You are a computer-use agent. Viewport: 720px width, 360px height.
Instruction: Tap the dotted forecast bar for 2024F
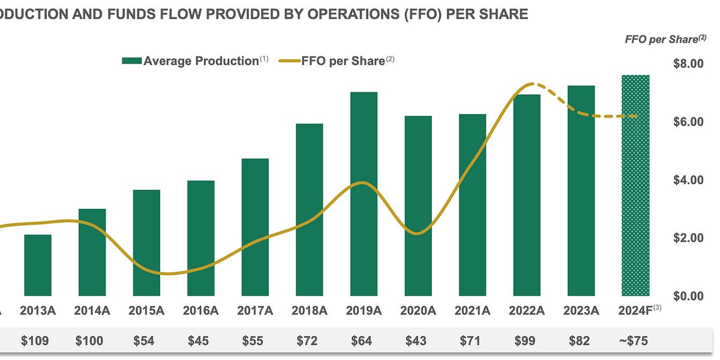point(635,185)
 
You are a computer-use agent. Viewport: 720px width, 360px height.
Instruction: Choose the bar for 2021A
point(472,205)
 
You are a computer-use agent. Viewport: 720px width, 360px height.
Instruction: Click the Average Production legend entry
point(195,61)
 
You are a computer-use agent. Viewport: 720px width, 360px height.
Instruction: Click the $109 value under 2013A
point(35,341)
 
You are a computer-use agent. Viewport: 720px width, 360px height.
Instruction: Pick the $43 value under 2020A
point(416,341)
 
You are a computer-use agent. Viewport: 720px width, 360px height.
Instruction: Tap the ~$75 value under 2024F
point(634,341)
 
